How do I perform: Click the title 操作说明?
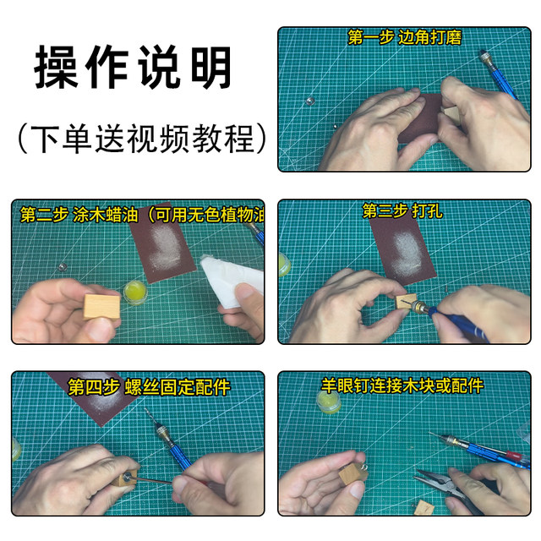[133, 67]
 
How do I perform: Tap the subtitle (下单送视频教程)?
[142, 139]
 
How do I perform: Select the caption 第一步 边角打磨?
[404, 37]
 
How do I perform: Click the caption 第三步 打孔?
[402, 210]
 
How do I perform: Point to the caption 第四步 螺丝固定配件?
[149, 387]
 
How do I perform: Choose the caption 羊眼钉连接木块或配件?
[402, 385]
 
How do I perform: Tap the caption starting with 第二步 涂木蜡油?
[142, 215]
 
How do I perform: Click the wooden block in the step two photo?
[101, 306]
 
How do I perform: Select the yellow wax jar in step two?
[135, 292]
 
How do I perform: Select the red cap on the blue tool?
[513, 454]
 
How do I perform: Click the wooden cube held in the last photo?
[352, 473]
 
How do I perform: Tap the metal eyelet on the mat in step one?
[309, 101]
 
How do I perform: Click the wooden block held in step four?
[126, 478]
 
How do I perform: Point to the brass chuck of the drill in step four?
[161, 433]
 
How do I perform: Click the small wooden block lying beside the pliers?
[424, 507]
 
